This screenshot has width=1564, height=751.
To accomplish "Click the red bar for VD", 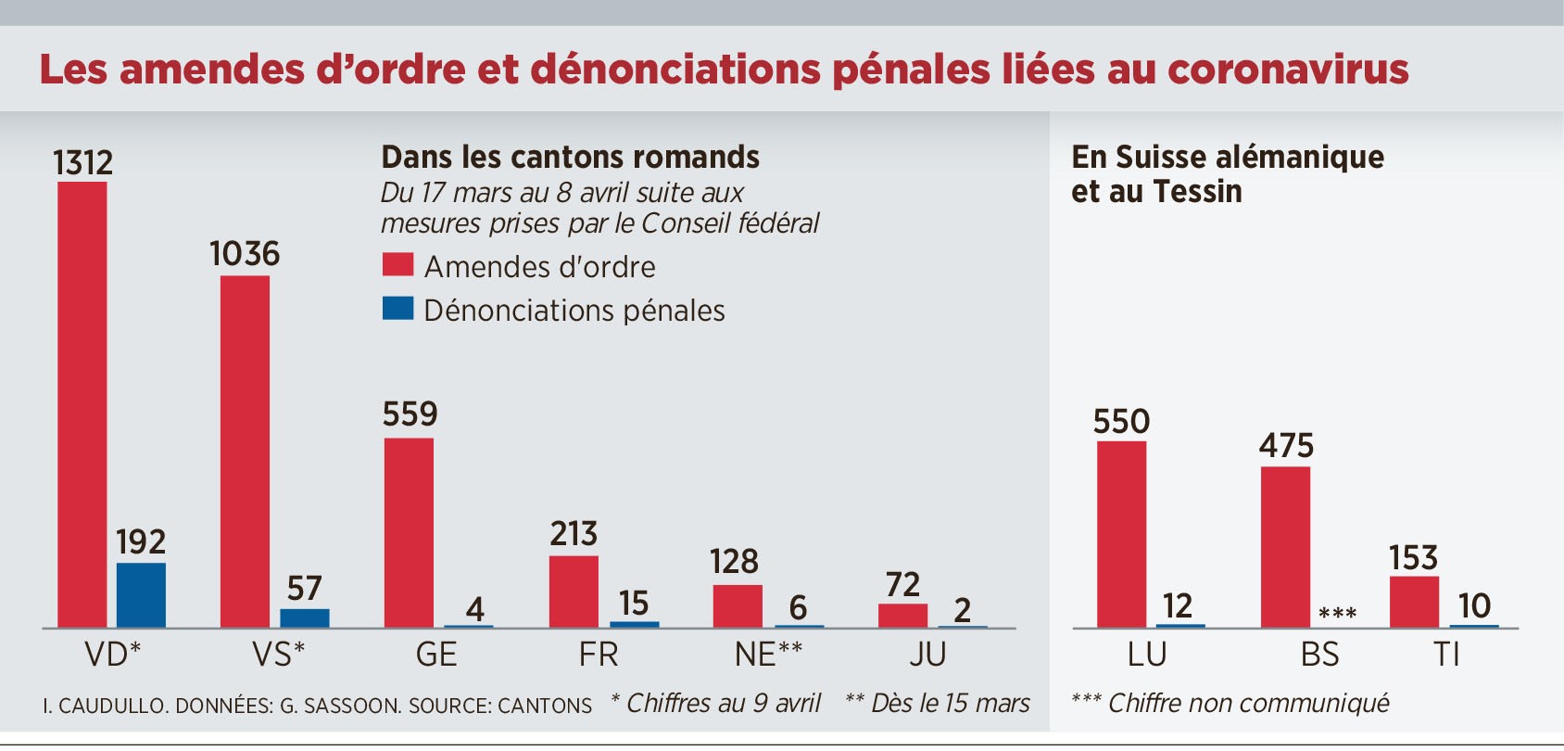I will coord(82,405).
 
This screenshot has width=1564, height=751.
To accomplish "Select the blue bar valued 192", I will coord(141,595).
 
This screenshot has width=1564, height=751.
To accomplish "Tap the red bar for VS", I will coord(246,452).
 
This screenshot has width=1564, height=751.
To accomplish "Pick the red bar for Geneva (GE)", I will coord(409,533).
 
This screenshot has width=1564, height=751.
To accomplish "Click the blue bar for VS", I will coord(305,618).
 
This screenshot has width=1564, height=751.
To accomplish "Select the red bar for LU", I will coord(1121,535).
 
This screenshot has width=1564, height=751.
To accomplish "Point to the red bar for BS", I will coord(1286,547).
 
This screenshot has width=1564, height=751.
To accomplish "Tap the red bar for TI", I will coord(1414,602).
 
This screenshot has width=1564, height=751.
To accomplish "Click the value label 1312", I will coord(82,163).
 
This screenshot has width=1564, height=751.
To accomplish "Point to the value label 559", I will coord(410,414).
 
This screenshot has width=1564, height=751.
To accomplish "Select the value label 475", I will coord(1286,446).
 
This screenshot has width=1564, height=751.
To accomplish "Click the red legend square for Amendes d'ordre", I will coord(397,265).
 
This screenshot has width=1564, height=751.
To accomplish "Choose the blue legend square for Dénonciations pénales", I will coord(397,309).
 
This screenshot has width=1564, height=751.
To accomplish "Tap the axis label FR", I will coord(599,655).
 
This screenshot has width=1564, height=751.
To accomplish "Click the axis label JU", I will coord(927,655).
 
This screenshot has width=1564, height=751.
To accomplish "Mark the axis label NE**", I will coord(768,655).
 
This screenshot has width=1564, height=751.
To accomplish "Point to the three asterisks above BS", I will coord(1337,614).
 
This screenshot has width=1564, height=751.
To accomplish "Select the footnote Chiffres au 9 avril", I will coord(715,704).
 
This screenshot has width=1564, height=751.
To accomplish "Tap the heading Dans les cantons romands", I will coord(570,158).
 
